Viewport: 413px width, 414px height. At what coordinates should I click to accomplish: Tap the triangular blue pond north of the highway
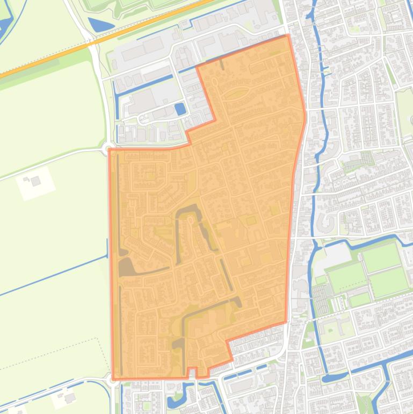pos(100,25)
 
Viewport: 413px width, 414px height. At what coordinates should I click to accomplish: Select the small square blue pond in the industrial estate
pos(180,109)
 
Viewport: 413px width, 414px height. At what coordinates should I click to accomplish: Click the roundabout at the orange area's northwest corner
pos(109,148)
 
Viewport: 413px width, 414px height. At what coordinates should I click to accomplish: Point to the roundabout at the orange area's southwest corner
pos(113,380)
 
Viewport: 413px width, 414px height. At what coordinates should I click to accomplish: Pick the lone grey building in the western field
pos(35,181)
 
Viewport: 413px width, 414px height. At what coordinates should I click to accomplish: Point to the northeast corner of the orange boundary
pos(288,35)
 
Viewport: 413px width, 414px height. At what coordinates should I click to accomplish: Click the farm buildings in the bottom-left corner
pos(69,398)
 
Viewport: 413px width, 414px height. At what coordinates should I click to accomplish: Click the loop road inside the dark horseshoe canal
pos(190,220)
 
